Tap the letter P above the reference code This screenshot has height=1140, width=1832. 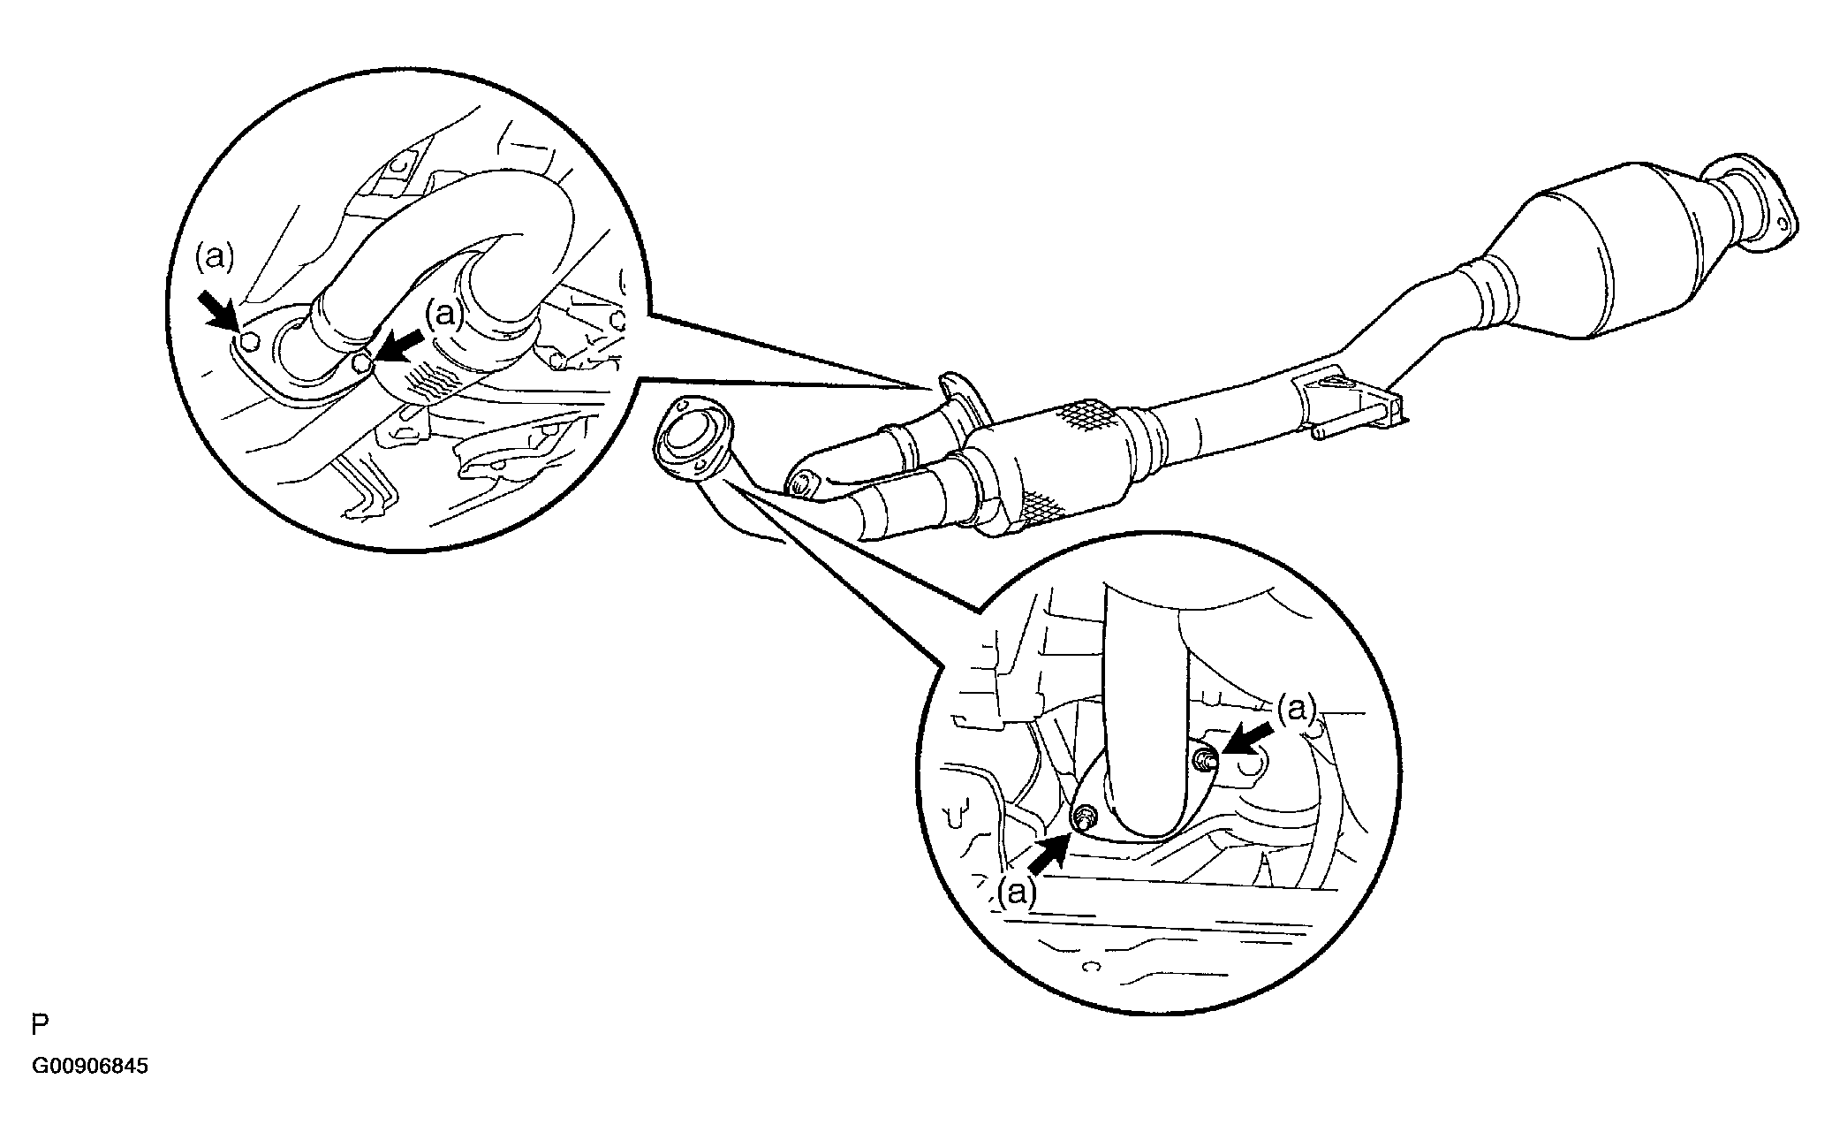(x=39, y=1026)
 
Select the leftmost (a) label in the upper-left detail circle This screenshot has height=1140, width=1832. (x=215, y=257)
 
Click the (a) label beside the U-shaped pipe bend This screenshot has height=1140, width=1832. (x=444, y=314)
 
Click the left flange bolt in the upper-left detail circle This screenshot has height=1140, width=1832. (x=250, y=342)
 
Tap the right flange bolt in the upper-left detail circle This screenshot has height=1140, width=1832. (x=360, y=364)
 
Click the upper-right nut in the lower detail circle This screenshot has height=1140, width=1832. (x=1203, y=757)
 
